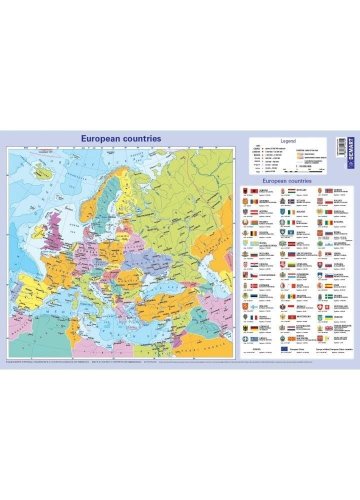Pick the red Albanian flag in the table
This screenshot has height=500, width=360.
coord(254,190)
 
